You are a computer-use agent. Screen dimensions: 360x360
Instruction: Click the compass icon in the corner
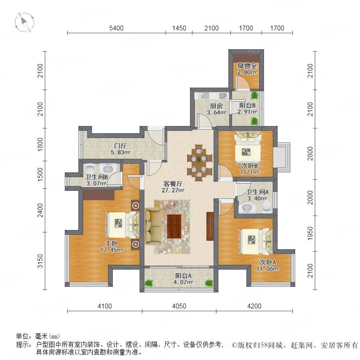click(24, 22)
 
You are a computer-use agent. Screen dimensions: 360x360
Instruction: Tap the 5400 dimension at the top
click(116, 28)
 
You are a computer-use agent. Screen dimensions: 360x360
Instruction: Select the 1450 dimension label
click(179, 28)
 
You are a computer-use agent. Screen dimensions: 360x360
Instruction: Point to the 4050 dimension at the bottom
click(179, 306)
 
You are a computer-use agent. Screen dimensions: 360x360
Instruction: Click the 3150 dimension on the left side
click(40, 261)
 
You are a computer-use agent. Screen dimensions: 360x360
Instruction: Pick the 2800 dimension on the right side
click(310, 154)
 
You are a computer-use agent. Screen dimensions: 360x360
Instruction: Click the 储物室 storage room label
click(247, 66)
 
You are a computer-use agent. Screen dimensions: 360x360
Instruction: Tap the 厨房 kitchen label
click(216, 106)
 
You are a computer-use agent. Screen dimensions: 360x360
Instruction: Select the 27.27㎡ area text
click(173, 190)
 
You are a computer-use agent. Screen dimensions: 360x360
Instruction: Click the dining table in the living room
click(199, 161)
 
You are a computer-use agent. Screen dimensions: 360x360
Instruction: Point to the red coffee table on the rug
click(174, 226)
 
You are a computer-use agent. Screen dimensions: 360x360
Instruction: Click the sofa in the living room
click(153, 226)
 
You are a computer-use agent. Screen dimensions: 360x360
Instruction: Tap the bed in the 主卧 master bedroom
click(123, 225)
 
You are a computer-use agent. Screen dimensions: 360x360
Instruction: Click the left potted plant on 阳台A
click(149, 283)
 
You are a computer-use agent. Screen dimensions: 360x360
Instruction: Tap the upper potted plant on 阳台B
click(254, 95)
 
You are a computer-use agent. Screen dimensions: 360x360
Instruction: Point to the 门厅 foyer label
click(120, 146)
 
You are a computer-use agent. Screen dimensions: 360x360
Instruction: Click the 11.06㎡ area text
click(268, 268)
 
